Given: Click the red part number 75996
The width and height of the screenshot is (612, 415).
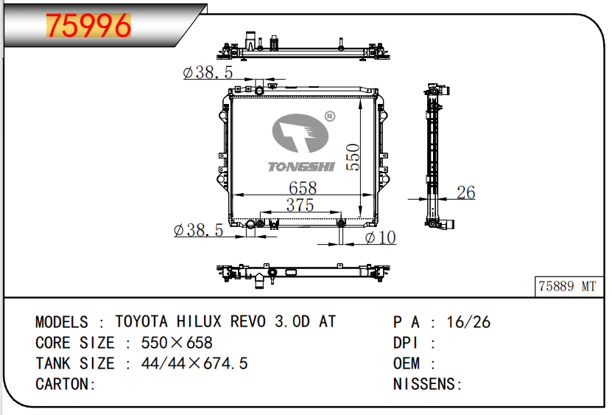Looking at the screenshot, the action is coord(88,26).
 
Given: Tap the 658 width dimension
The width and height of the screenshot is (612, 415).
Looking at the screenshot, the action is coord(303,188).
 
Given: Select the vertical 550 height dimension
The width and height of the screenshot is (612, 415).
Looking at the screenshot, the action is coord(353,157).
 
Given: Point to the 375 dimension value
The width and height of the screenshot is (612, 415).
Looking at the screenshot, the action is coord(300,205).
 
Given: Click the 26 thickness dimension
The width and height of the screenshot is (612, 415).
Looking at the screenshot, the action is coord(465,192).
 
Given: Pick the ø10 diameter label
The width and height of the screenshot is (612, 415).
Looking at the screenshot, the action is coord(380,237).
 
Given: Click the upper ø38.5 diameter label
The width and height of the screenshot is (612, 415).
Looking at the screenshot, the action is coord(208,72).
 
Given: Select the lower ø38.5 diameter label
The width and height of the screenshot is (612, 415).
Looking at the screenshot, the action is coord(198,230).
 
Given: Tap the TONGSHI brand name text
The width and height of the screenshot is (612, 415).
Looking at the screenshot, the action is coord(301,167).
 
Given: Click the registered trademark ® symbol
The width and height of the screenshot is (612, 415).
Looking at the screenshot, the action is coord(330,116).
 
